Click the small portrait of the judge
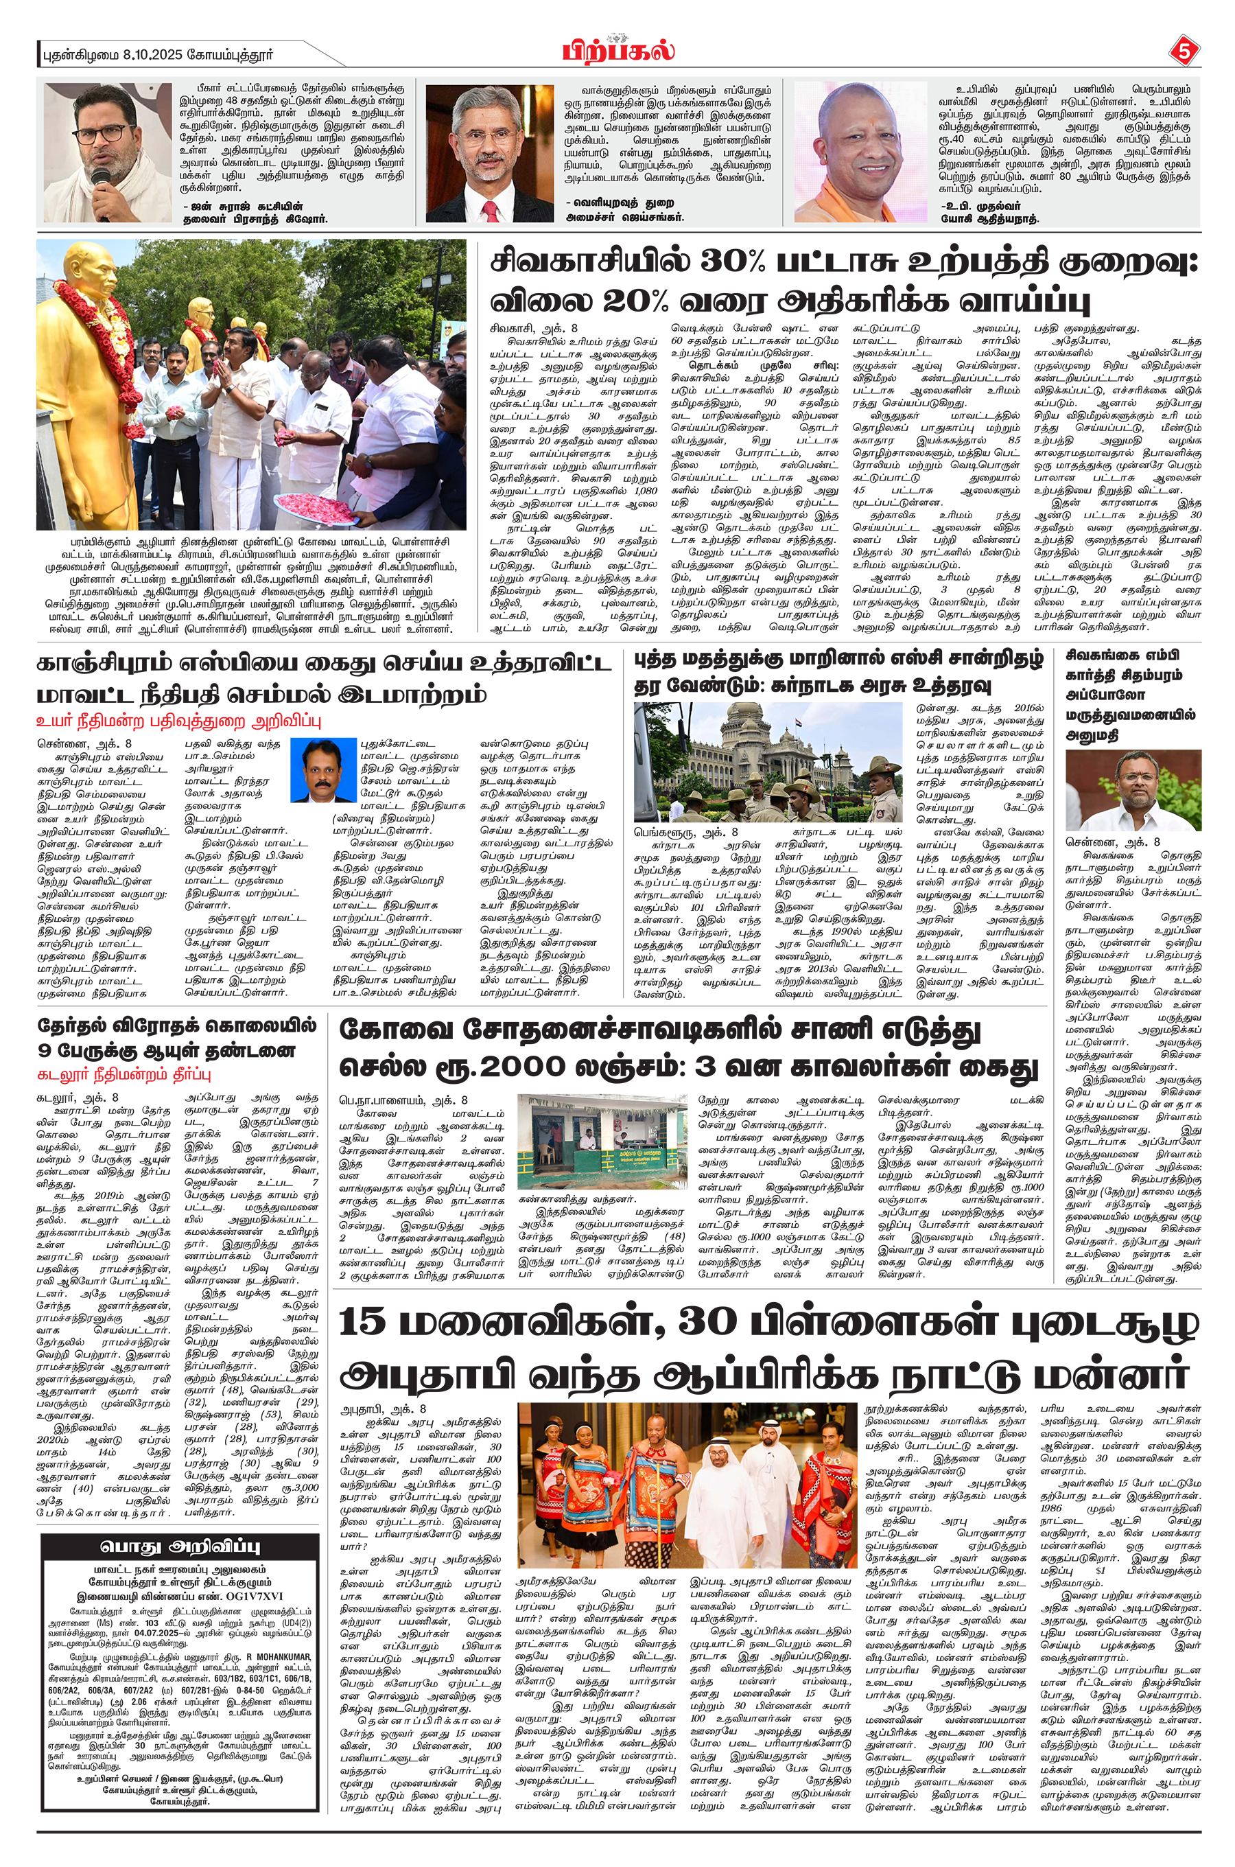pyautogui.click(x=323, y=769)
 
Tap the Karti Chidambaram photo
pyautogui.click(x=1133, y=790)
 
